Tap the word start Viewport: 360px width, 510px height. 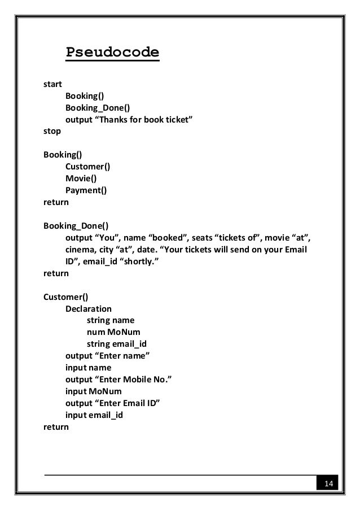point(52,85)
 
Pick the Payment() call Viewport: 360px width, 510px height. point(86,190)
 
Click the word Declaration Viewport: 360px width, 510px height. point(89,308)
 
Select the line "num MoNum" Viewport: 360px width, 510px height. point(113,332)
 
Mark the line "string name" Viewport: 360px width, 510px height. point(111,320)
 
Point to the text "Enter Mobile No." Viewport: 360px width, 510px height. point(135,379)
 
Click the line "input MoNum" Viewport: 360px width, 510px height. point(93,391)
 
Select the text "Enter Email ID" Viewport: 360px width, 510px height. point(129,403)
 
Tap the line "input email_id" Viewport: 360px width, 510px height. point(94,415)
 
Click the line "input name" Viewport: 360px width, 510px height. point(89,367)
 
